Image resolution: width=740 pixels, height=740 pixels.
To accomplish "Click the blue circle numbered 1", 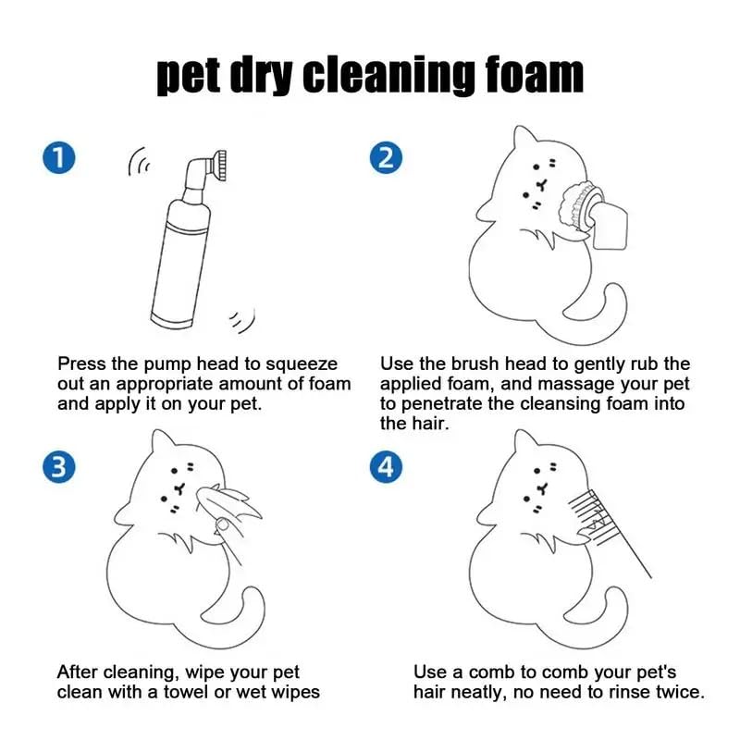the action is click(58, 157).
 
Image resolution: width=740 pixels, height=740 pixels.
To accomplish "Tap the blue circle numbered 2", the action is click(386, 157).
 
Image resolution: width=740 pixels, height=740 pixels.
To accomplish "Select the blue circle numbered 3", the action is click(58, 467).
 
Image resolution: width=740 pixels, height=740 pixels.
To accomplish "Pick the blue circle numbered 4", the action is click(386, 467).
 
